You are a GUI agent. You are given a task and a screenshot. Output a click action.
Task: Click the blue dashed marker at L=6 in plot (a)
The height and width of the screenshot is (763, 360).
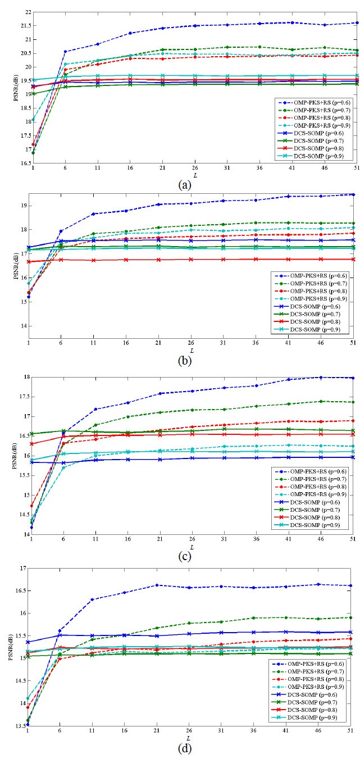pos(65,52)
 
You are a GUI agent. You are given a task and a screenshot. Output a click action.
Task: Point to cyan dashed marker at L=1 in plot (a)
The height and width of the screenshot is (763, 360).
pos(33,120)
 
